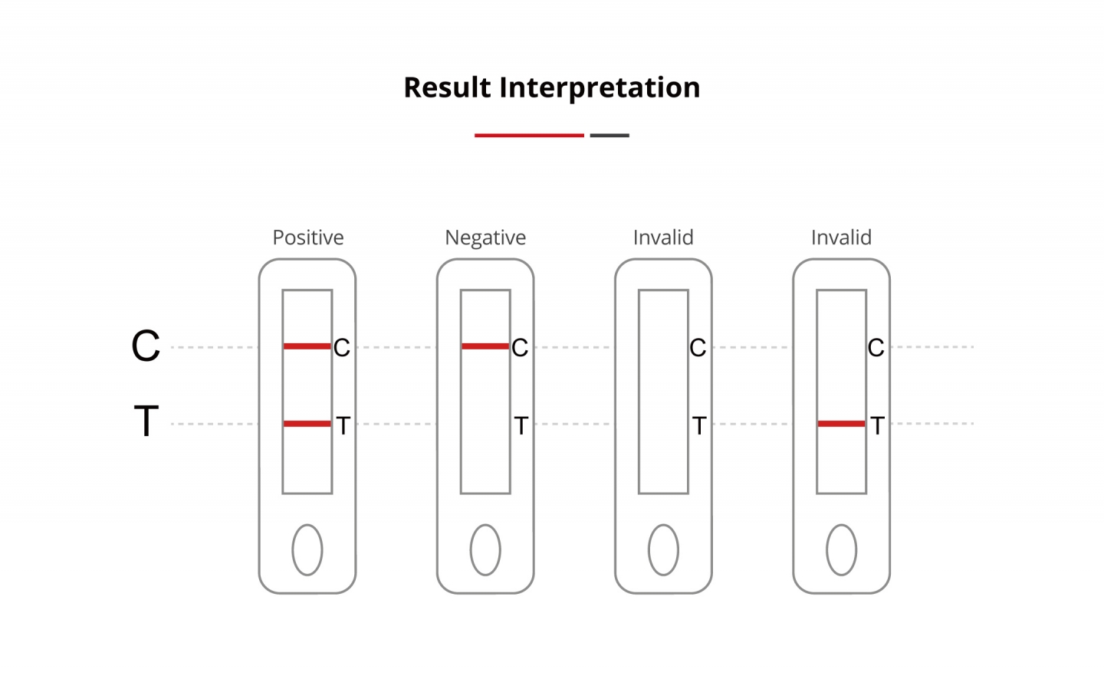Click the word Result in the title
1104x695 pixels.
click(x=448, y=87)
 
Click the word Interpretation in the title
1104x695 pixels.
click(x=600, y=88)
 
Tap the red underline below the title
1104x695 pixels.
click(x=529, y=135)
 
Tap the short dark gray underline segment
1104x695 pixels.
click(x=609, y=135)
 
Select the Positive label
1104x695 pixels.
click(x=308, y=238)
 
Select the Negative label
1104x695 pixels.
click(x=485, y=238)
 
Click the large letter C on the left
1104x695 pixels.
click(x=146, y=346)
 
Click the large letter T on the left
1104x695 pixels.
click(x=146, y=421)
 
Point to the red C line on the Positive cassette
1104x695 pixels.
click(x=307, y=346)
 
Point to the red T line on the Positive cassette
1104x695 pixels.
click(x=307, y=423)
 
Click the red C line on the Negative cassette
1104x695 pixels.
click(x=485, y=346)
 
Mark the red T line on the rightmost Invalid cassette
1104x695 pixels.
click(x=841, y=423)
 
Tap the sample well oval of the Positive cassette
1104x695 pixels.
click(x=307, y=549)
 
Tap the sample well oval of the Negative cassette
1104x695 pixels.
click(x=485, y=549)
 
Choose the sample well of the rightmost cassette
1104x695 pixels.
click(x=841, y=549)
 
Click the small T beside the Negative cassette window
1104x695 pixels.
click(x=521, y=425)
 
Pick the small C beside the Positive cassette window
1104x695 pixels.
click(x=342, y=348)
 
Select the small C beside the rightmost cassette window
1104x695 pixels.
click(x=876, y=348)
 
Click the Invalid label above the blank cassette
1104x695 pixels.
click(x=663, y=238)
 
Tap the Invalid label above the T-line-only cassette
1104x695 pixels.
click(x=841, y=238)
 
